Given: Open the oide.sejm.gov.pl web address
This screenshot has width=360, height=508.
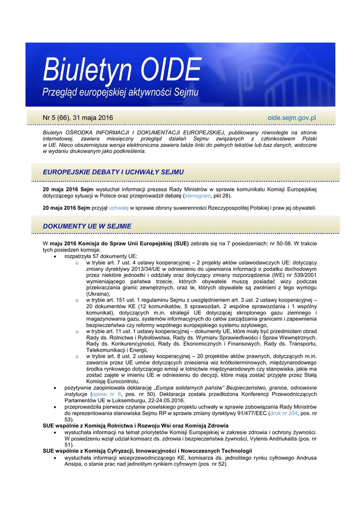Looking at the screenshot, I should [291, 118].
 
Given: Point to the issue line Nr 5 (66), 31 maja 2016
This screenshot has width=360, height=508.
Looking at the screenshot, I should [78, 118].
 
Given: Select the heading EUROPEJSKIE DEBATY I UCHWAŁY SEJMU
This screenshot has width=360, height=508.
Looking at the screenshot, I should [114, 172].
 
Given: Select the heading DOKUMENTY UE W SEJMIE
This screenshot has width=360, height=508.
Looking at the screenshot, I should [87, 226].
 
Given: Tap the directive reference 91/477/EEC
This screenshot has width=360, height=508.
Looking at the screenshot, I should [261, 413].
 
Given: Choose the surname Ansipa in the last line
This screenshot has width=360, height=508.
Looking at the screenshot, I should [74, 464].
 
